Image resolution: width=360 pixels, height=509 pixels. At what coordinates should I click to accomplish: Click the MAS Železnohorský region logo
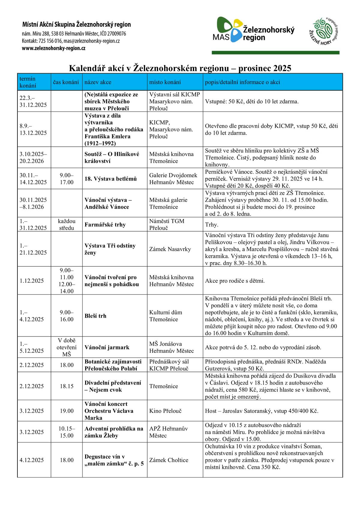pyautogui.click(x=253, y=30)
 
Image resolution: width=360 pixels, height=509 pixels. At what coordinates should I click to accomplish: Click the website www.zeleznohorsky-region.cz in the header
pyautogui.click(x=53, y=48)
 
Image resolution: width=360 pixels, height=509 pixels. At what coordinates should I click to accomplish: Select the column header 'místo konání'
pyautogui.click(x=165, y=82)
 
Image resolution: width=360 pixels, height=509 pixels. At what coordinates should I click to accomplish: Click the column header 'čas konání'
pyautogui.click(x=66, y=82)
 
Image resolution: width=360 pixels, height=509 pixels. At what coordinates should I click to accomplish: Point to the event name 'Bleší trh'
pyautogui.click(x=95, y=316)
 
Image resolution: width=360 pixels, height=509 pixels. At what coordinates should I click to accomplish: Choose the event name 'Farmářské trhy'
pyautogui.click(x=105, y=225)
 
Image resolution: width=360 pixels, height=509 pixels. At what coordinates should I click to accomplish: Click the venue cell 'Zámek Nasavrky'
pyautogui.click(x=170, y=249)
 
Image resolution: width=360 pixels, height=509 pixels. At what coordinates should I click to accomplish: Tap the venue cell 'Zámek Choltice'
pyautogui.click(x=169, y=460)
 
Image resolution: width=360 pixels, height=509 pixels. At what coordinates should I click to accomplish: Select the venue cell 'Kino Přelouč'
pyautogui.click(x=166, y=411)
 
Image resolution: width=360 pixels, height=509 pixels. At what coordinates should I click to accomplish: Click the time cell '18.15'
pyautogui.click(x=67, y=386)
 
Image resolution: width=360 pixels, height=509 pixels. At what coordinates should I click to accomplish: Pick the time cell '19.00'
pyautogui.click(x=67, y=411)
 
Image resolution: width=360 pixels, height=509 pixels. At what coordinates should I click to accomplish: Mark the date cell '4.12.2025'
pyautogui.click(x=32, y=460)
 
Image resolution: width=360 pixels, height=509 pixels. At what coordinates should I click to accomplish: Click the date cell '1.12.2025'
pyautogui.click(x=32, y=281)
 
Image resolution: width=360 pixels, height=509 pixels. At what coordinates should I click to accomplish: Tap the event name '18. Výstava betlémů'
pyautogui.click(x=110, y=179)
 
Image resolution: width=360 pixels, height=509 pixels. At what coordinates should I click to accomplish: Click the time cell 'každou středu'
pyautogui.click(x=67, y=225)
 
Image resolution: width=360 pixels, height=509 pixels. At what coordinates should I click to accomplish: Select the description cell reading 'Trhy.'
pyautogui.click(x=212, y=225)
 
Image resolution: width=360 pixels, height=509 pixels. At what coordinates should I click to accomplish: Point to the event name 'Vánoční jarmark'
pyautogui.click(x=107, y=347)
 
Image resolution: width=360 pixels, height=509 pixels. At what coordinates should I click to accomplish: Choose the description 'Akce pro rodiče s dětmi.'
pyautogui.click(x=235, y=281)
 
